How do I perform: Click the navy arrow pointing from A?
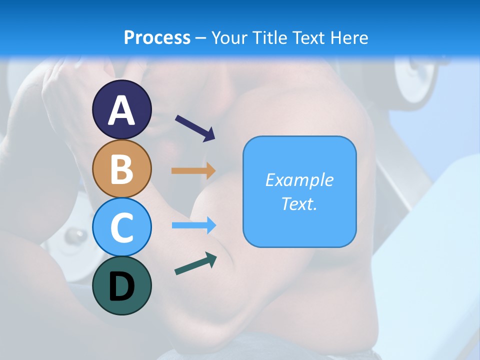(x=195, y=128)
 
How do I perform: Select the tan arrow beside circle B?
(x=193, y=170)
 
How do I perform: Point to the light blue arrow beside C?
(x=194, y=225)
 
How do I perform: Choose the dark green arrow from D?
(x=195, y=263)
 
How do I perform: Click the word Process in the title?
(x=157, y=37)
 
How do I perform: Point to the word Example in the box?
(x=299, y=180)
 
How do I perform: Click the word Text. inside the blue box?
(x=299, y=204)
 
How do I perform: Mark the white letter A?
(x=121, y=110)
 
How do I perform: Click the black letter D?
(x=121, y=287)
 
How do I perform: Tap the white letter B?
(x=121, y=169)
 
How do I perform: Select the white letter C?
(x=121, y=227)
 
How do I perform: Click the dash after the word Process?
(x=201, y=38)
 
